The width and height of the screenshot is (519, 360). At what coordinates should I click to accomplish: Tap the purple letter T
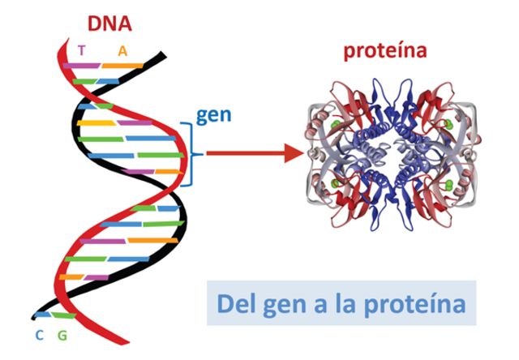pyautogui.click(x=81, y=50)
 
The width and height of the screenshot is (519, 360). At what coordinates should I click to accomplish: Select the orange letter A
pyautogui.click(x=122, y=50)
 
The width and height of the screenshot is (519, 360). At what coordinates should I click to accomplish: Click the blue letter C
pyautogui.click(x=38, y=335)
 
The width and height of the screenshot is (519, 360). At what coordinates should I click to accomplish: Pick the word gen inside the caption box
pyautogui.click(x=289, y=306)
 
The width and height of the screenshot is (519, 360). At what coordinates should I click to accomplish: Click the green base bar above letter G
pyautogui.click(x=63, y=315)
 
